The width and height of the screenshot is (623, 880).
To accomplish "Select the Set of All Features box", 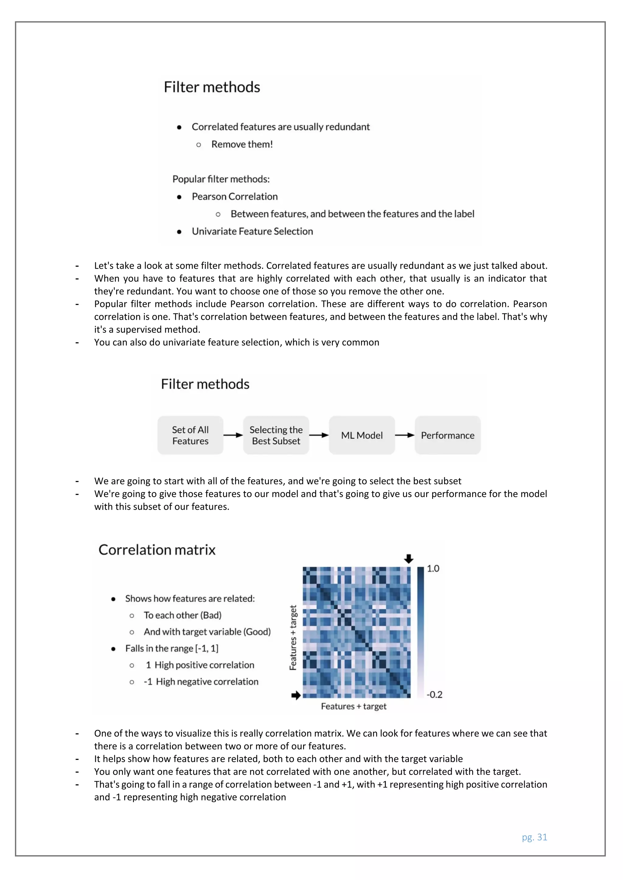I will point(190,435).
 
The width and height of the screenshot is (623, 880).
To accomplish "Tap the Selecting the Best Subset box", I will point(276,435).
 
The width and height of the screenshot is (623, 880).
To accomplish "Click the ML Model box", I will point(362,435).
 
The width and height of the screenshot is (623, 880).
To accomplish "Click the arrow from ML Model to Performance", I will point(405,435).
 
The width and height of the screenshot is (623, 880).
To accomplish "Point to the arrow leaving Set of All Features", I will point(233,435).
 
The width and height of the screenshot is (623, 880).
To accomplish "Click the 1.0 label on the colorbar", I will point(433,569).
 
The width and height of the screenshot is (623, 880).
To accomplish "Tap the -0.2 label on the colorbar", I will point(435,695).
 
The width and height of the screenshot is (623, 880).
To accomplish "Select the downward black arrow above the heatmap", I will point(409,559).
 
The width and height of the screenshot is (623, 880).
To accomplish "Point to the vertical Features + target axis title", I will point(293,638).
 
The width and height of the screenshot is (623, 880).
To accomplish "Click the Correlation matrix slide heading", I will point(157,550).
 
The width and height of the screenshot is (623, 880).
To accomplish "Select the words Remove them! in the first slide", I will point(242,145).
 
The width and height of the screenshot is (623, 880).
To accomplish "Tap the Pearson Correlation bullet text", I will point(235,197).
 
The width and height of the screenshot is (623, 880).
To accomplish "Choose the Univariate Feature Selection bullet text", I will point(252,232).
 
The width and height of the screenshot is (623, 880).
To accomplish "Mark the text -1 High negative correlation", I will point(201,682).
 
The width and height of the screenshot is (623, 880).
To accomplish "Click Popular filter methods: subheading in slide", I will point(221,179).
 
